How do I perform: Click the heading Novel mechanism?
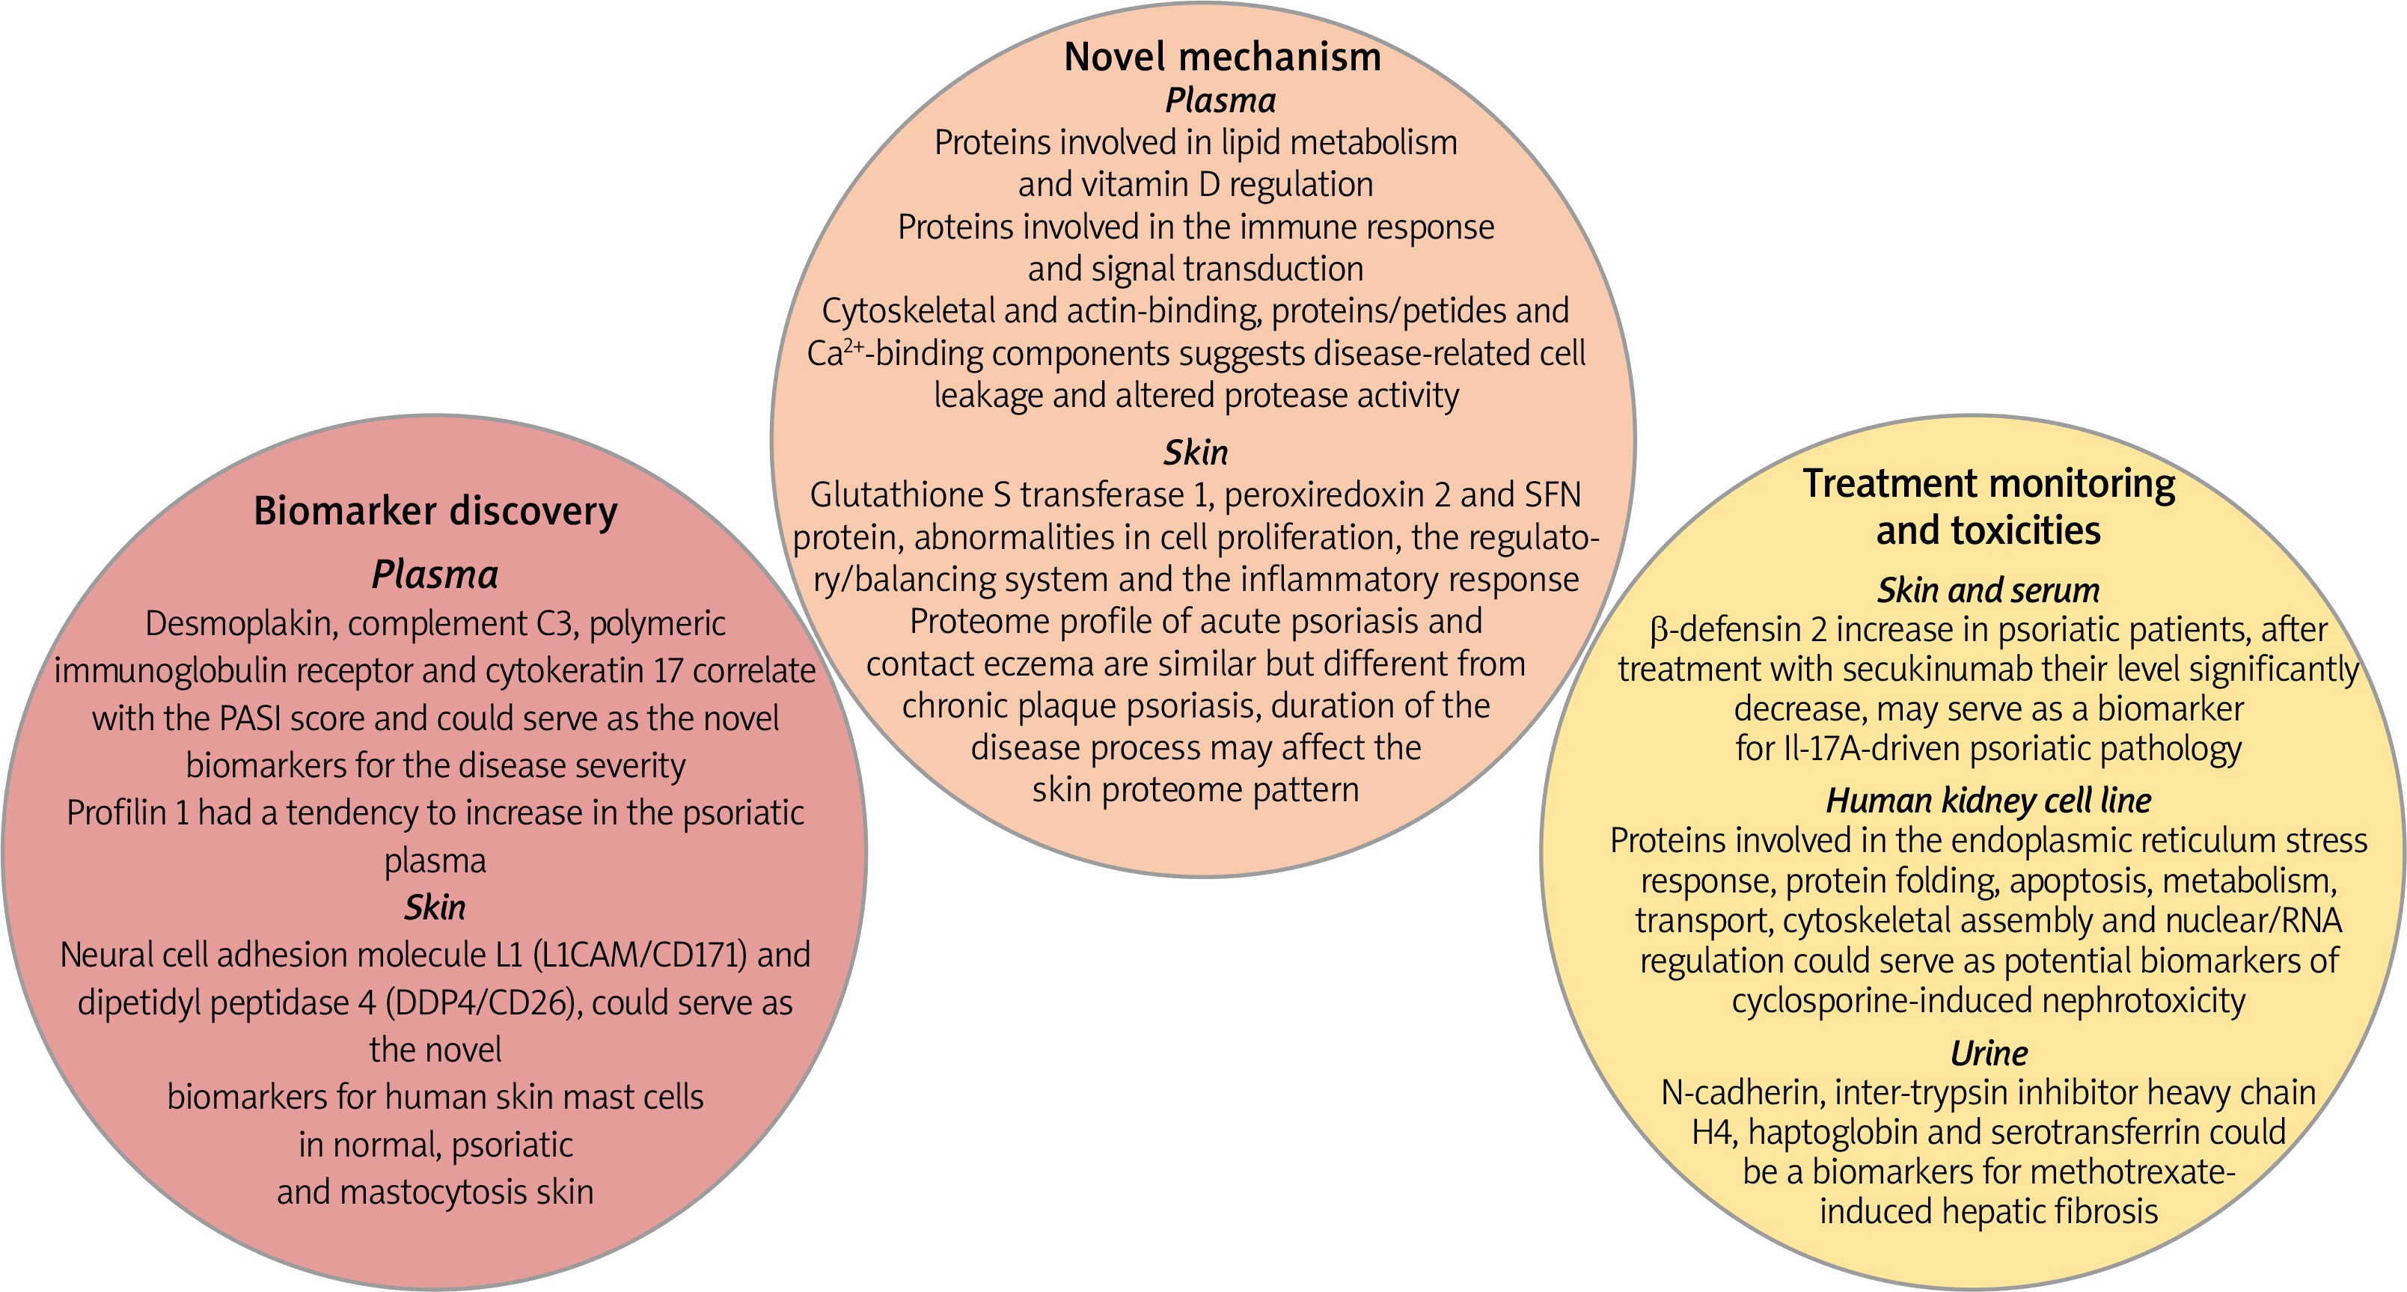pyautogui.click(x=1222, y=57)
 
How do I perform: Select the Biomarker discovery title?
pyautogui.click(x=435, y=512)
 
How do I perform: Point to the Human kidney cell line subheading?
pyautogui.click(x=1989, y=800)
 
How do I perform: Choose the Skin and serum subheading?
pyautogui.click(x=1989, y=590)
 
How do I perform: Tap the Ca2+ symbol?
pyautogui.click(x=834, y=354)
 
